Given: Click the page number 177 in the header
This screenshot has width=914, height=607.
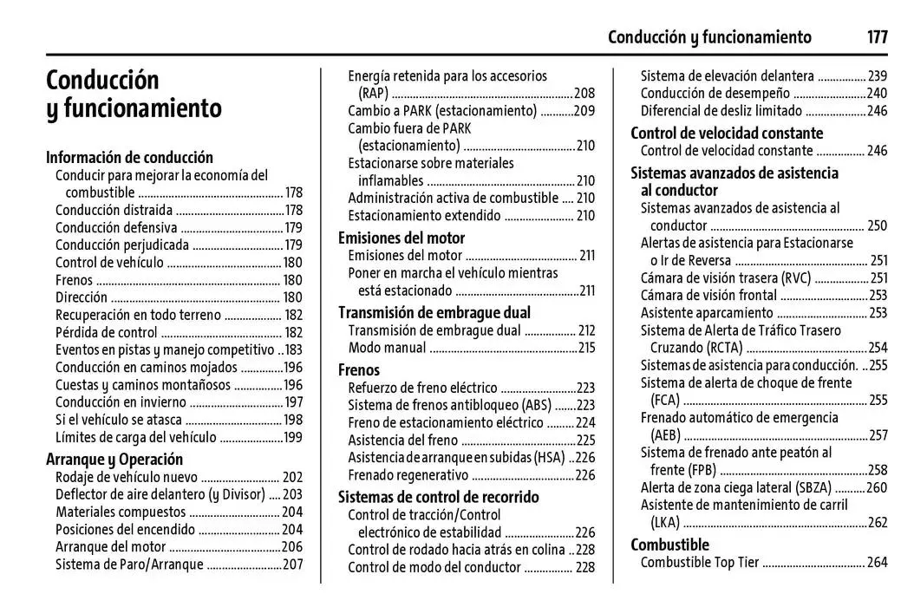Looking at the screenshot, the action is tap(877, 37).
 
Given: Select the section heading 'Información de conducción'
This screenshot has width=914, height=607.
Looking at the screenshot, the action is tap(129, 157).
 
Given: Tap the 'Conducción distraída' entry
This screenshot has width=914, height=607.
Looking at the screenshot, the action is tap(114, 210).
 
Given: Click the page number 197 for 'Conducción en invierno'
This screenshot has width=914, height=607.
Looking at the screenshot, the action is tap(294, 401).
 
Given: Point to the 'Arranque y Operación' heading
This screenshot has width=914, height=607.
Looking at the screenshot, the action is tap(114, 459).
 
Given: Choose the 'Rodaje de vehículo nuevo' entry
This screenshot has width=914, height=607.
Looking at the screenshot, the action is tap(127, 477).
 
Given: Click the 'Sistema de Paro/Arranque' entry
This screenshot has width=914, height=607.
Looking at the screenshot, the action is tap(129, 565).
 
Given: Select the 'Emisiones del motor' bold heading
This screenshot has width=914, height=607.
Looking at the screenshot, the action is tap(401, 238).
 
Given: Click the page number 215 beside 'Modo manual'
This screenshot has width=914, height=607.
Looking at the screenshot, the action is tap(587, 348).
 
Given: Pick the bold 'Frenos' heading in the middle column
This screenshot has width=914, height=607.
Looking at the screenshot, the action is tap(359, 369).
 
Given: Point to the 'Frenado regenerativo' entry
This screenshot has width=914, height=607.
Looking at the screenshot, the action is tap(408, 474).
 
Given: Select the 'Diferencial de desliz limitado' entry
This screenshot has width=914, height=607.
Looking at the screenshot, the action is tap(721, 110).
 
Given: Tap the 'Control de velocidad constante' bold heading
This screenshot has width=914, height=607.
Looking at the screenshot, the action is tap(727, 133).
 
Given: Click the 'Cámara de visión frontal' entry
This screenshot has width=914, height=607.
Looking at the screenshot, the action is tap(708, 295).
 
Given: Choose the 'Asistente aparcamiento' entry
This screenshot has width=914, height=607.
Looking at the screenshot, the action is tap(707, 312).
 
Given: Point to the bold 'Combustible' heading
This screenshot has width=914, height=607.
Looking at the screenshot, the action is tap(669, 545).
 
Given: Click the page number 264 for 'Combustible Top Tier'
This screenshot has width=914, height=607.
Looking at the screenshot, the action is tap(878, 562).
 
